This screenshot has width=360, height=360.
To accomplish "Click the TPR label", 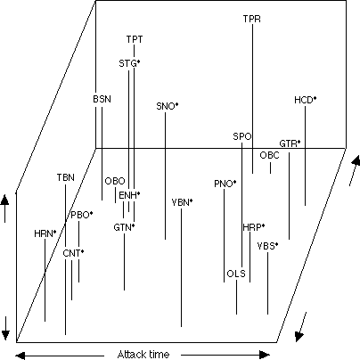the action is [x=252, y=19].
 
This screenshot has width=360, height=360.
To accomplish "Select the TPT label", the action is [x=135, y=39].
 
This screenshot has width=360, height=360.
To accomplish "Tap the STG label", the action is [x=129, y=63].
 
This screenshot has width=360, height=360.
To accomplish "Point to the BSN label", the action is [x=102, y=99].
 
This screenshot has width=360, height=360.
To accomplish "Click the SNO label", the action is [x=168, y=106].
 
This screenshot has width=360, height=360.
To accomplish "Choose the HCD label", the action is [x=305, y=100].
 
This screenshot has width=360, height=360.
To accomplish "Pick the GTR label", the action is [x=290, y=143].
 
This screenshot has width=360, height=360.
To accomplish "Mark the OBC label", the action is [x=269, y=155].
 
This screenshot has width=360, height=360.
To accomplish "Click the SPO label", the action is [x=242, y=136].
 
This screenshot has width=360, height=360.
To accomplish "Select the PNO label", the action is [x=225, y=184].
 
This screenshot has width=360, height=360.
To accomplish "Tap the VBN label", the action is [x=182, y=202].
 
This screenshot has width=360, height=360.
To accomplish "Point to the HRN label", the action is [x=45, y=233].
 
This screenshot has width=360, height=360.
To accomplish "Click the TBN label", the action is [x=66, y=177].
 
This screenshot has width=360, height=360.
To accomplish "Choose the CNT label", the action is [x=73, y=253].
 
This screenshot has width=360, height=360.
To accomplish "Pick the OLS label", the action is [x=236, y=274].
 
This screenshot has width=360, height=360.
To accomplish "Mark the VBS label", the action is [x=267, y=246].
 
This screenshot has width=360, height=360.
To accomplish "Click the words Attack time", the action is [x=143, y=355].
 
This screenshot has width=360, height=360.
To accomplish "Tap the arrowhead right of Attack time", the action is [x=265, y=355].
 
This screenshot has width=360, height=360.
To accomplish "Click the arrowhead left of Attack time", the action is [x=20, y=355].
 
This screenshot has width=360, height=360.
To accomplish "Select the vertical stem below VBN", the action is [x=182, y=267].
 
